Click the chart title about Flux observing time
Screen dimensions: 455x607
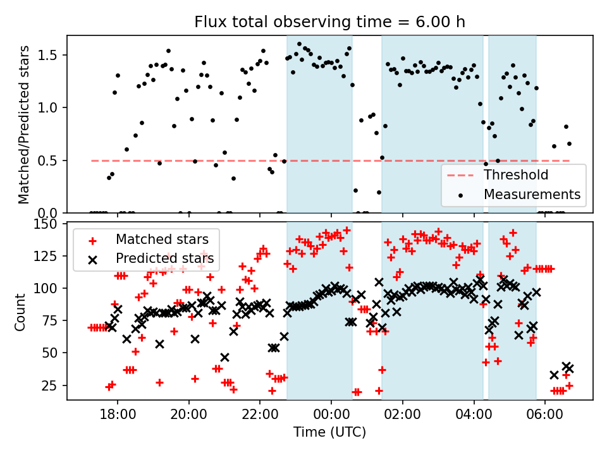click(x=329, y=23)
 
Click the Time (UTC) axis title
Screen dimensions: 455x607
click(x=329, y=432)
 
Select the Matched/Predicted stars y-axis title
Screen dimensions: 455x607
click(x=24, y=124)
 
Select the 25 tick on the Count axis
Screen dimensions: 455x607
click(x=51, y=385)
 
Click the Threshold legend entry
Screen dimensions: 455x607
click(x=516, y=175)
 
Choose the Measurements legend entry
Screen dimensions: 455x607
click(x=532, y=195)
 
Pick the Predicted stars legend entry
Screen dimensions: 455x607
click(x=164, y=258)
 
